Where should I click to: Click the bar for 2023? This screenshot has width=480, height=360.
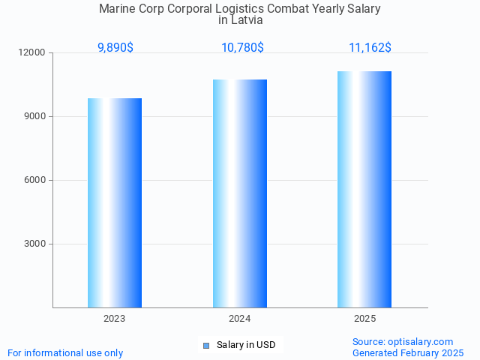pos(115,202)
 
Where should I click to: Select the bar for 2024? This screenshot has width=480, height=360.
pos(240,193)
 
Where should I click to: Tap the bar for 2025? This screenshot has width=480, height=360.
pos(364,189)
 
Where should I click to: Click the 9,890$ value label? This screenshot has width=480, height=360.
pos(115,48)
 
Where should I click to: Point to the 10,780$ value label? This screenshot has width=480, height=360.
pos(242,48)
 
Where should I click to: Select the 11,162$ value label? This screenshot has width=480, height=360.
pos(370,48)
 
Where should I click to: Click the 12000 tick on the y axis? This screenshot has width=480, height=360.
pos(33,53)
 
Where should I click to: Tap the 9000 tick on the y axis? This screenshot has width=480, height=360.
pos(35,117)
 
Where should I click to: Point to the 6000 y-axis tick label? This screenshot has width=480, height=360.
pos(35,181)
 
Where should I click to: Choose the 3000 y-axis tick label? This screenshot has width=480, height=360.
pos(35,244)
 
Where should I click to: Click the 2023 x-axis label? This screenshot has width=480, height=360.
pos(115,319)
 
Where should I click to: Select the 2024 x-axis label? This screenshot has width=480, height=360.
pos(240,319)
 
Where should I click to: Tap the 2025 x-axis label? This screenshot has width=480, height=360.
pos(364,319)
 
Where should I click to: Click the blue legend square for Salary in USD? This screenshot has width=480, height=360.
pos(206,345)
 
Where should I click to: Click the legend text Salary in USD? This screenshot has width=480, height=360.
pos(246,345)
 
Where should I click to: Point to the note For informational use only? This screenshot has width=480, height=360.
pos(65,352)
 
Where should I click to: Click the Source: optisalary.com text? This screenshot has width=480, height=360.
pos(403,341)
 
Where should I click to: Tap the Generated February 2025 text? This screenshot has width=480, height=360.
pos(408,352)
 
